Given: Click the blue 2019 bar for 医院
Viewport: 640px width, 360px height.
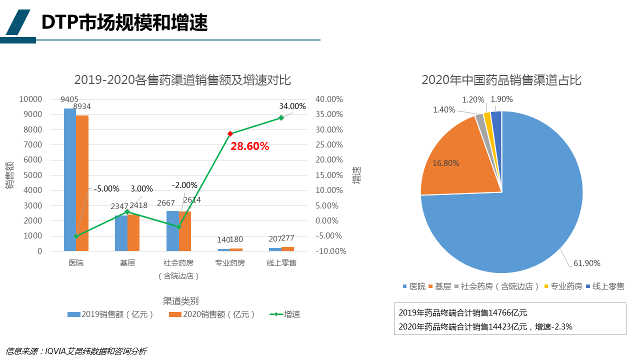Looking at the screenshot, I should [x=70, y=180].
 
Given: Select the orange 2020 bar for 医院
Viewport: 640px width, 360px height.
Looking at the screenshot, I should [x=82, y=183].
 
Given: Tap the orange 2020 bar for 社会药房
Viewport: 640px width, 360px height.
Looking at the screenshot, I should [x=185, y=231].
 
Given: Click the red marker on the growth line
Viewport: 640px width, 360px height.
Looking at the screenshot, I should [x=230, y=134].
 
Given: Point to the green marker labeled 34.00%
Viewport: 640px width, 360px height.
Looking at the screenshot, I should [x=281, y=118].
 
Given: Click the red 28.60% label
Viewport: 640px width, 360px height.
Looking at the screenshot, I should [x=250, y=146].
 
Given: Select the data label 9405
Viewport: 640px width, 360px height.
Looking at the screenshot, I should [x=69, y=99].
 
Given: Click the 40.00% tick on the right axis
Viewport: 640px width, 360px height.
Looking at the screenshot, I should [x=328, y=99].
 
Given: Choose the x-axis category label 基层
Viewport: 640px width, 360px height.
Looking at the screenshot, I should [x=127, y=263].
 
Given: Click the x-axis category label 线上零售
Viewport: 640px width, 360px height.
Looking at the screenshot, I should [x=281, y=263].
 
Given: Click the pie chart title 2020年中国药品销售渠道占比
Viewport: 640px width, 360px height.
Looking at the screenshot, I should [x=501, y=80].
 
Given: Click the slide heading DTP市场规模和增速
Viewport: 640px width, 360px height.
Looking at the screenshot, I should [x=124, y=22].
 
